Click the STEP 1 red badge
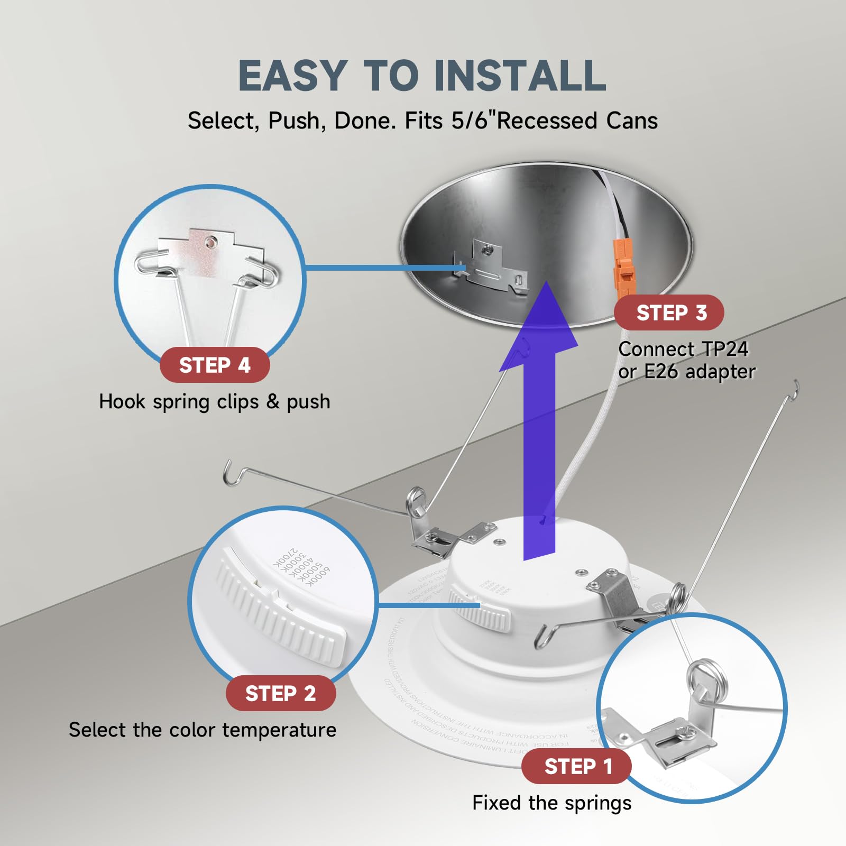576,766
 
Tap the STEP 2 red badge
280,693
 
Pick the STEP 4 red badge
214,365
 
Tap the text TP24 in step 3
725,349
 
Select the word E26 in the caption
660,372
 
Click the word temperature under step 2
279,730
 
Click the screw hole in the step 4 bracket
211,243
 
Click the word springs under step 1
597,803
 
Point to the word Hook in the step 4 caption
122,402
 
